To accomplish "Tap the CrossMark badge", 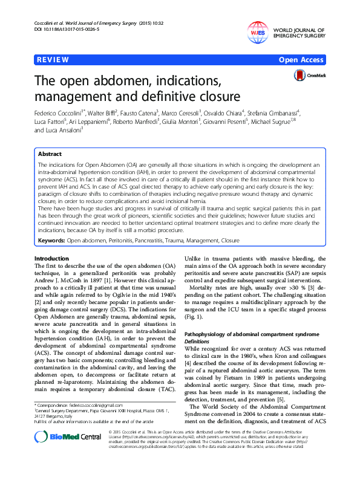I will point(310,75).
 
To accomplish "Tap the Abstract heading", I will point(50,154).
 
